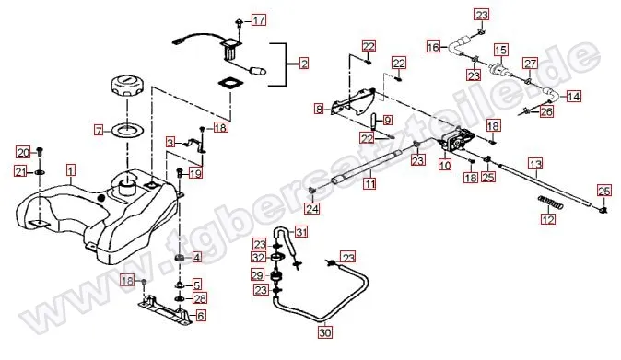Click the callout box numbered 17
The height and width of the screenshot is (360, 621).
click(259, 19)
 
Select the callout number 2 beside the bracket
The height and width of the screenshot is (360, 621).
click(304, 64)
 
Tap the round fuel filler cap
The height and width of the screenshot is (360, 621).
click(127, 86)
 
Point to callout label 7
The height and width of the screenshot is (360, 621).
click(99, 130)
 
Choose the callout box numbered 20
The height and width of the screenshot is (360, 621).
click(23, 152)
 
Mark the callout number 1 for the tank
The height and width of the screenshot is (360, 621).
click(71, 171)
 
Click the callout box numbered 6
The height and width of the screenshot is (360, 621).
click(201, 316)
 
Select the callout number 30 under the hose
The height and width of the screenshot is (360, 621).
click(324, 332)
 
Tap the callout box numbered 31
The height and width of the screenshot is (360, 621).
click(301, 232)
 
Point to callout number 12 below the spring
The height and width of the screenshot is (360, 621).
click(548, 219)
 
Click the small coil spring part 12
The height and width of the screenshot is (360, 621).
click(550, 202)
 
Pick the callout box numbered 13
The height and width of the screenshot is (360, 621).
click(535, 164)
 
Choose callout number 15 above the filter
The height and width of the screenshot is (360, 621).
click(500, 50)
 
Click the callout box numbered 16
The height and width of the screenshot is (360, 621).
click(433, 47)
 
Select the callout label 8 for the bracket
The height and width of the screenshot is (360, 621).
click(319, 109)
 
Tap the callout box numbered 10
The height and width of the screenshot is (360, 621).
click(445, 165)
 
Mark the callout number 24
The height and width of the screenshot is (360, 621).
click(312, 208)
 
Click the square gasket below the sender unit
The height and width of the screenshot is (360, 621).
click(229, 84)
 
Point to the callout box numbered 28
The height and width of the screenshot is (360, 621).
click(200, 298)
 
